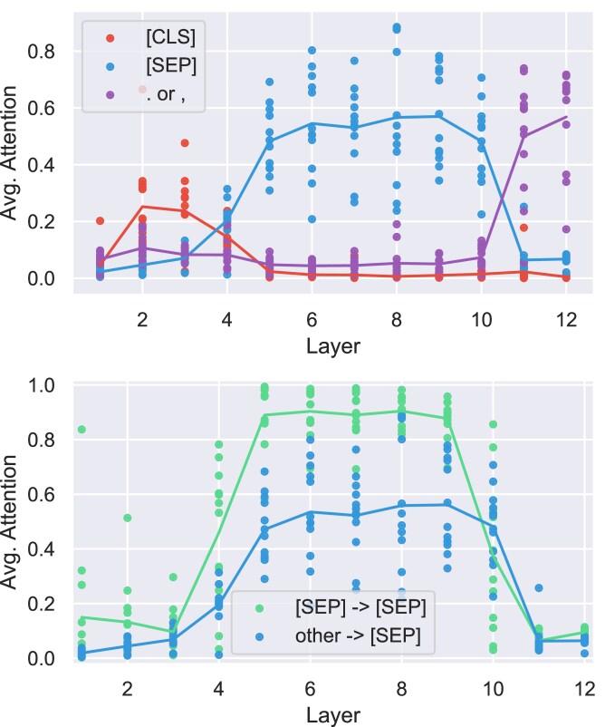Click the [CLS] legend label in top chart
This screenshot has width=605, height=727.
coord(170,37)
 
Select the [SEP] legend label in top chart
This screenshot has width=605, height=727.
coord(171,65)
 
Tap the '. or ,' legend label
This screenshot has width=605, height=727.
coord(166,94)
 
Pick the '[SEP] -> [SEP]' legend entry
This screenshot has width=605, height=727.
coord(360,607)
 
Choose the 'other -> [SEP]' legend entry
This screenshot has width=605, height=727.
coord(358,635)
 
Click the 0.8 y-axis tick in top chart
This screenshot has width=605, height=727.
coord(41,52)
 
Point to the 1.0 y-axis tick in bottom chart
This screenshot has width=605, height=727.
coord(41,385)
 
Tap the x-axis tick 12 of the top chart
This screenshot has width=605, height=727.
coord(566,320)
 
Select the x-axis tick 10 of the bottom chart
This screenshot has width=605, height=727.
coord(494,689)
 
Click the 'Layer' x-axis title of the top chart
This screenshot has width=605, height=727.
coord(333,346)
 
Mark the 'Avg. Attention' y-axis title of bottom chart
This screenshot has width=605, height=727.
coord(9,521)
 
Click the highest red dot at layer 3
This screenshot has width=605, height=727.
coord(185,143)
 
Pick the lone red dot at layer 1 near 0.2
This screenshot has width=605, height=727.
coord(100,220)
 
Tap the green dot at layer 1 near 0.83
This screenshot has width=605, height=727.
coord(82,430)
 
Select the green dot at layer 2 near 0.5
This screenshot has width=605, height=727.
coord(128,518)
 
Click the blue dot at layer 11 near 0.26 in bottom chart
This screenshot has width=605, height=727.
coord(539,588)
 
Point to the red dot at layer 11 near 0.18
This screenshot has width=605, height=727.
coord(523,228)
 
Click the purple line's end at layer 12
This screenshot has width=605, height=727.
coord(566,117)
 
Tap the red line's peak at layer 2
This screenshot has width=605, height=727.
coord(142,207)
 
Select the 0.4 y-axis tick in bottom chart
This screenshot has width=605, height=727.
coord(41,549)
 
